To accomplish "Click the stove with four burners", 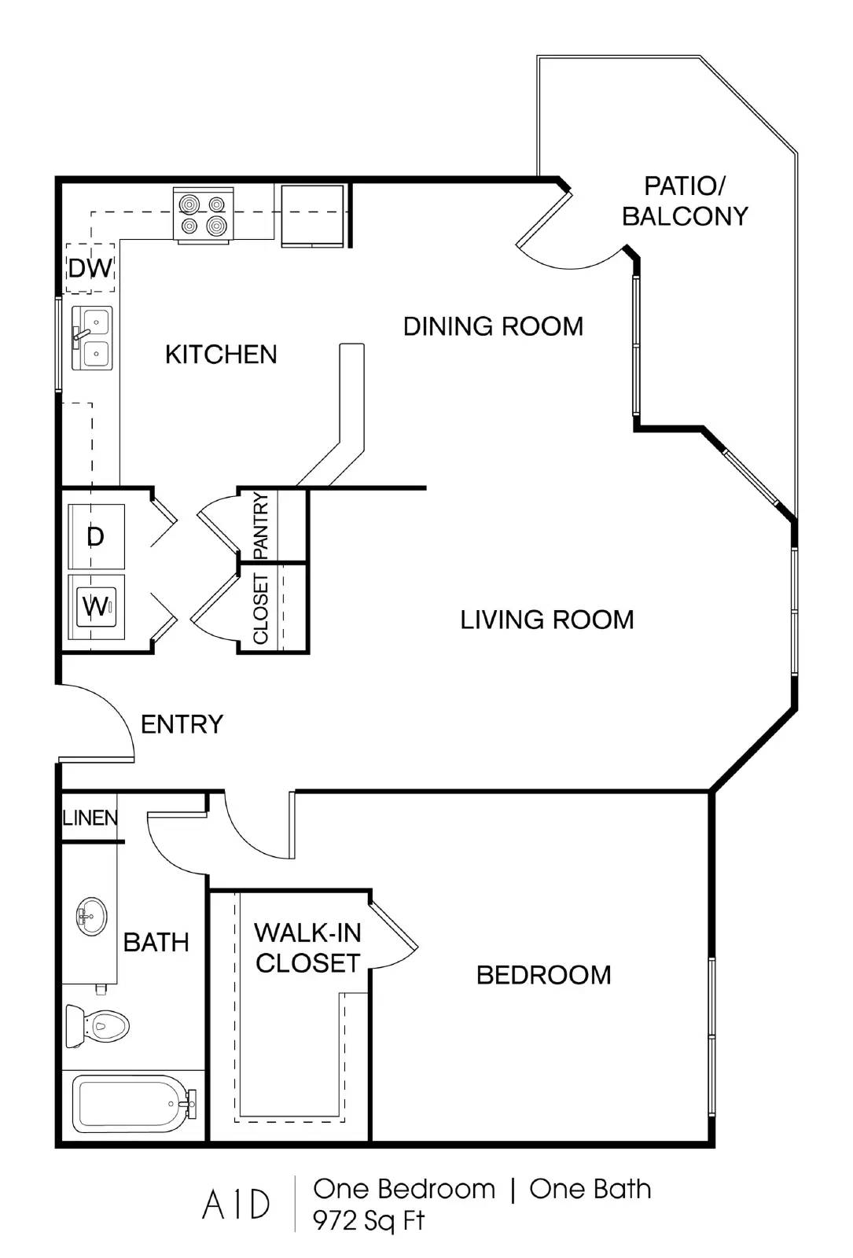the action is tap(204, 215).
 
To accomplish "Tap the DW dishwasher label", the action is tap(90, 268).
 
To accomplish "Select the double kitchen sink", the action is tap(92, 337).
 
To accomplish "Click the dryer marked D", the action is tap(96, 536).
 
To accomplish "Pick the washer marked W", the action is tap(96, 606).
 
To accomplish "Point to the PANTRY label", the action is tap(261, 526).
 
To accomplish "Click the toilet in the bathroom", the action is tap(97, 1025).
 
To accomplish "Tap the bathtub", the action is tap(134, 1104).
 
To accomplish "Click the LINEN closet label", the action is tap(90, 818).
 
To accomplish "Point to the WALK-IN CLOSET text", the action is tap(307, 948).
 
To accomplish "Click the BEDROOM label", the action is tap(543, 976).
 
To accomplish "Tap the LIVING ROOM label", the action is tap(547, 620).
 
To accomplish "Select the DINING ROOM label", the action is tap(493, 326).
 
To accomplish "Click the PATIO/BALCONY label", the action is tap(685, 201).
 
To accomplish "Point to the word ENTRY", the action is tap(182, 724).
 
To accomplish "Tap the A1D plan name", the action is tap(236, 1205).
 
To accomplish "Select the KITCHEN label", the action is tap(221, 355).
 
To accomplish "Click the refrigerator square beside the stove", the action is tap(312, 215).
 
